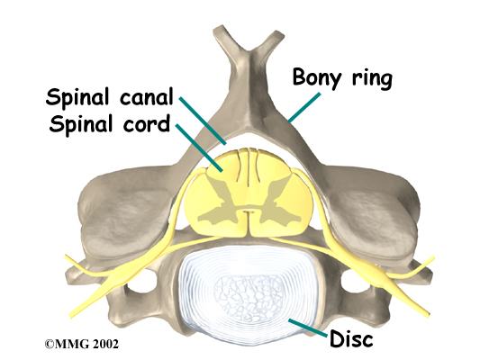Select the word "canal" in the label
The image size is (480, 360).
click(146, 96)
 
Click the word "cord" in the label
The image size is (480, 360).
click(146, 124)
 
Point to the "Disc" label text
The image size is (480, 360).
click(351, 338)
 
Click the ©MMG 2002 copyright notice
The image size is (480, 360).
click(81, 344)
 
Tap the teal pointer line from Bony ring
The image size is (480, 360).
click(304, 107)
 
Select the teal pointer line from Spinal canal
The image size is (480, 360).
click(203, 121)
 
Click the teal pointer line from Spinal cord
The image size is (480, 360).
click(199, 148)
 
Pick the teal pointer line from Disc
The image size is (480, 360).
click(307, 328)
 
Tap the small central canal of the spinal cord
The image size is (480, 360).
click(248, 211)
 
